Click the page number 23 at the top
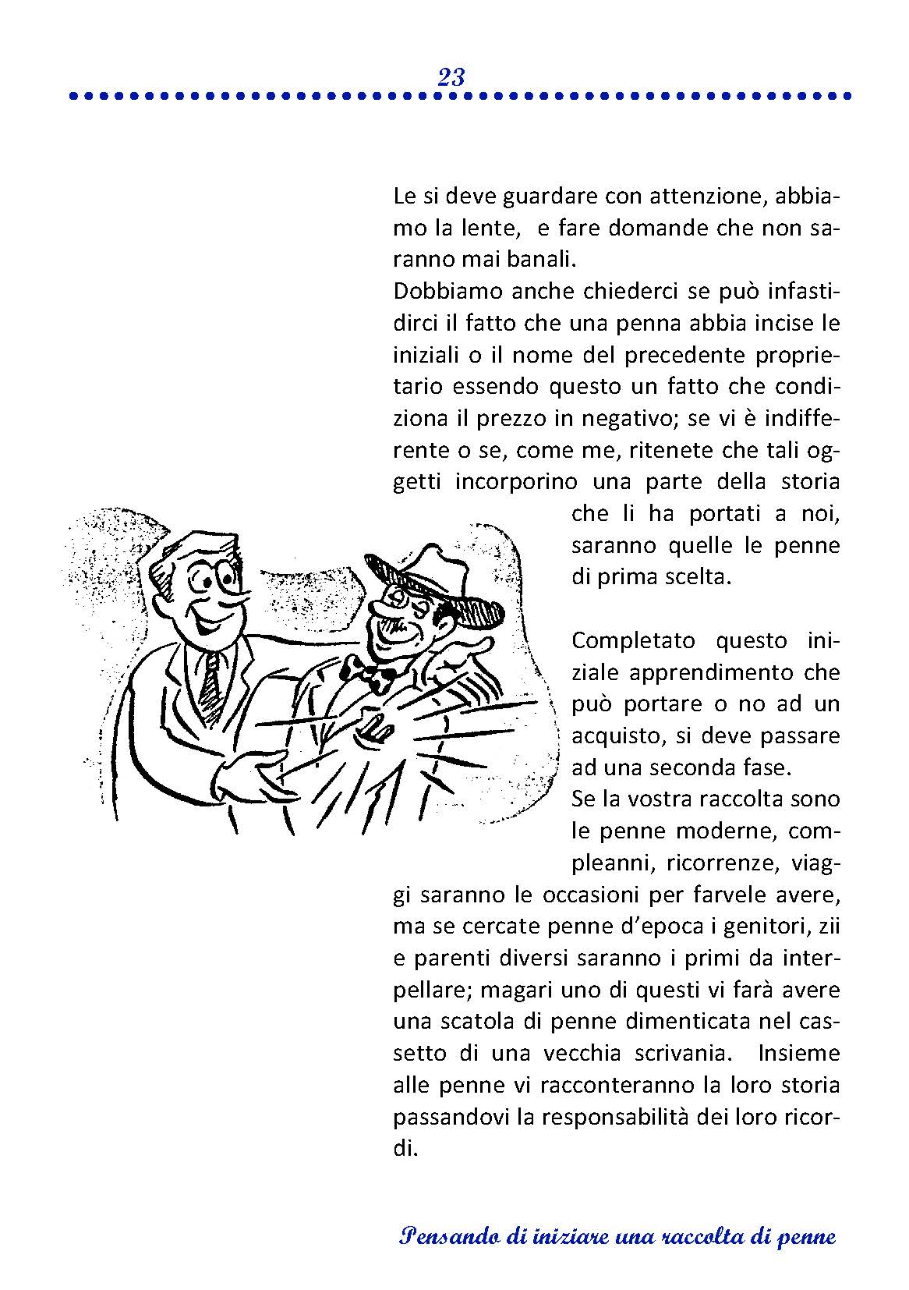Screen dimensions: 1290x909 pos(451,77)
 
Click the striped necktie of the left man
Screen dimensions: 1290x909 pos(210,678)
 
